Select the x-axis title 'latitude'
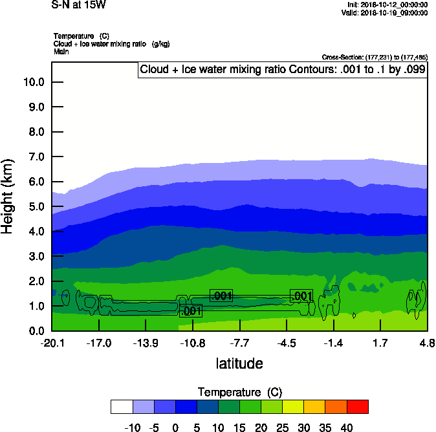[239, 363]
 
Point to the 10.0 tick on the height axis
[33, 82]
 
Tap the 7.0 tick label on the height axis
[36, 157]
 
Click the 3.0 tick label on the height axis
[36, 257]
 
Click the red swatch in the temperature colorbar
[358, 406]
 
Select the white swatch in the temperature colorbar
[122, 406]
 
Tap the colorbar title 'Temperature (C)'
[239, 393]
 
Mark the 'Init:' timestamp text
[387, 5]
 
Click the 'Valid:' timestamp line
[384, 12]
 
